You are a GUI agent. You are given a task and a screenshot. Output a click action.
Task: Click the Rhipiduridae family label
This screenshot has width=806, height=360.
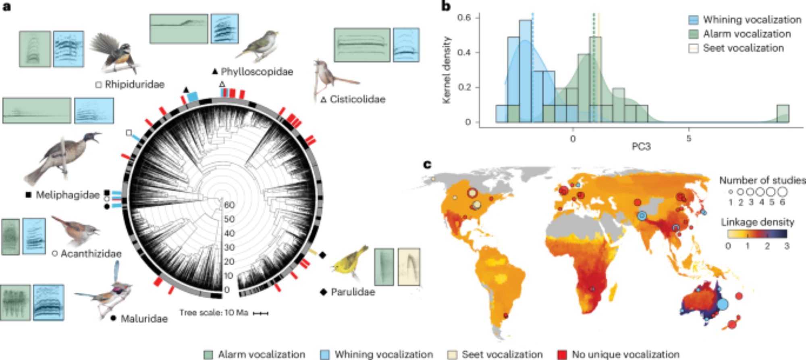coord(135,85)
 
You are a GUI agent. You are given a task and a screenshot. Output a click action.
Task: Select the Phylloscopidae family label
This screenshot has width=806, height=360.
coord(257,72)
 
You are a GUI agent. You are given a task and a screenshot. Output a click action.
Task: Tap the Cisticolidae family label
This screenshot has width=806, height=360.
coord(357,99)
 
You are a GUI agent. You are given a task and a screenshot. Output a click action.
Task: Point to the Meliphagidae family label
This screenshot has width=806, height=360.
coord(67,195)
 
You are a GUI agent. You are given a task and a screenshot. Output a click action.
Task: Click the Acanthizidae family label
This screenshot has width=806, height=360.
coord(91,254)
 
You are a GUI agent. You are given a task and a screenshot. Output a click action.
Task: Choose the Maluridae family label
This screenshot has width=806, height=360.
coord(144,318)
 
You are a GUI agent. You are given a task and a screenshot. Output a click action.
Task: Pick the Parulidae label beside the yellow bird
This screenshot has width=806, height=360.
coord(353,292)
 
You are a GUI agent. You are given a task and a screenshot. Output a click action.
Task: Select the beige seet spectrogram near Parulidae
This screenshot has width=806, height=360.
coord(409,267)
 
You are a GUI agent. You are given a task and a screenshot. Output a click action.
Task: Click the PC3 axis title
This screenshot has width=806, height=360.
coord(641,146)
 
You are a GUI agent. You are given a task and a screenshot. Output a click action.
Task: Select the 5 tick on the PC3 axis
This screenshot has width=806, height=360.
coord(689,139)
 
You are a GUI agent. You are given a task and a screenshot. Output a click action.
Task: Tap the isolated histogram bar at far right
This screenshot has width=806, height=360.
coord(783,114)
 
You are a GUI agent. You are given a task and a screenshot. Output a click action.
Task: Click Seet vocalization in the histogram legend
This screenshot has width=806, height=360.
coord(743,48)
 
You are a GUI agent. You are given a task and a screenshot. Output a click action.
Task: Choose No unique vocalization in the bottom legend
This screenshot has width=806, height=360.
coord(625,354)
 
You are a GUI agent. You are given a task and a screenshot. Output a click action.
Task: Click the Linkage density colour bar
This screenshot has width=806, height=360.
coord(757,234)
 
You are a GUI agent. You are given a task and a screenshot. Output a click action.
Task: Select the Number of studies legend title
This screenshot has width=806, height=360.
coord(762,180)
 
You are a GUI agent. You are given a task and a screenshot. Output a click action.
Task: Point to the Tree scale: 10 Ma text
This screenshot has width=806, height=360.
coord(214,313)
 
